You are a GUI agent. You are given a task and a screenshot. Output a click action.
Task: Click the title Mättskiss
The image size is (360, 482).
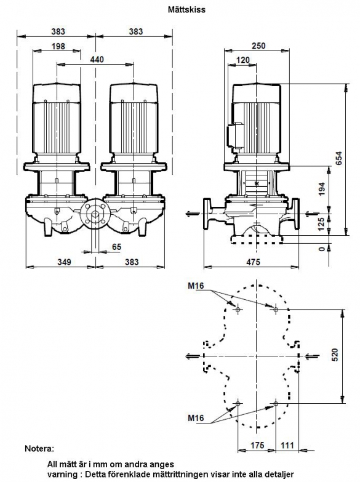tap(186, 9)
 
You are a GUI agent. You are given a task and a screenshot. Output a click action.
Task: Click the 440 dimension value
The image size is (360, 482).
tap(97, 59)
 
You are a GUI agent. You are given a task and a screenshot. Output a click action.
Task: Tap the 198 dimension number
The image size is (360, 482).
tap(58, 46)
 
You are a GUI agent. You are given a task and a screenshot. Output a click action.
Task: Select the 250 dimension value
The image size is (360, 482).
tap(258, 46)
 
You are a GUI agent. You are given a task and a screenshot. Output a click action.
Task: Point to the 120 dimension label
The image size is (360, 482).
tap(243, 60)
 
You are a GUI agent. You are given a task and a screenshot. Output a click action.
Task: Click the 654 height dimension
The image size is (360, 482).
tap(338, 158)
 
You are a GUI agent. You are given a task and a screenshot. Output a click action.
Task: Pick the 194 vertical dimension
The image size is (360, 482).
tap(322, 190)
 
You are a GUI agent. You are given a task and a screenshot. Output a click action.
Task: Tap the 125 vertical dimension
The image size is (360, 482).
tap(322, 225)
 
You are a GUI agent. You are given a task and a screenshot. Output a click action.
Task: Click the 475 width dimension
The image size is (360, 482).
tap(253, 262)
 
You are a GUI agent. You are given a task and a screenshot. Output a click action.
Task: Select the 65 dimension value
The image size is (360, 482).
tap(116, 247)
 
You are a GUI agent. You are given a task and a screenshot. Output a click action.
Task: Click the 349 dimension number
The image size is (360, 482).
tap(64, 262)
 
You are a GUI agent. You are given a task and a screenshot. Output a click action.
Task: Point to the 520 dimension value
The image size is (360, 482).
tap(335, 355)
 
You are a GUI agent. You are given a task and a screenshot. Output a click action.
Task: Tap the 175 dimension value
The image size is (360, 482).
tap(257, 445)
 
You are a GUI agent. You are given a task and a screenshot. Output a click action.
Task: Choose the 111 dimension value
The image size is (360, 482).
tap(287, 445)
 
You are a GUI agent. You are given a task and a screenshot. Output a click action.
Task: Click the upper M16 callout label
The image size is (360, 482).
tap(196, 286)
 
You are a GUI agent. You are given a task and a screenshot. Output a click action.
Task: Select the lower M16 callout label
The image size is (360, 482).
tap(196, 418)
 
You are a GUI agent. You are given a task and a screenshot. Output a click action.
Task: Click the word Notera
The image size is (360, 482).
tap(39, 449)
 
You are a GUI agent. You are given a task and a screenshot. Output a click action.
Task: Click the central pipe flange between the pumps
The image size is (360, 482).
tap(95, 215)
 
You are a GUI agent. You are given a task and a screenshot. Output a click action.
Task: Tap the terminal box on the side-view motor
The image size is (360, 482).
tap(235, 136)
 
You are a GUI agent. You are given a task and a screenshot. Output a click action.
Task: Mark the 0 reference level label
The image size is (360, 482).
tap(322, 248)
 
